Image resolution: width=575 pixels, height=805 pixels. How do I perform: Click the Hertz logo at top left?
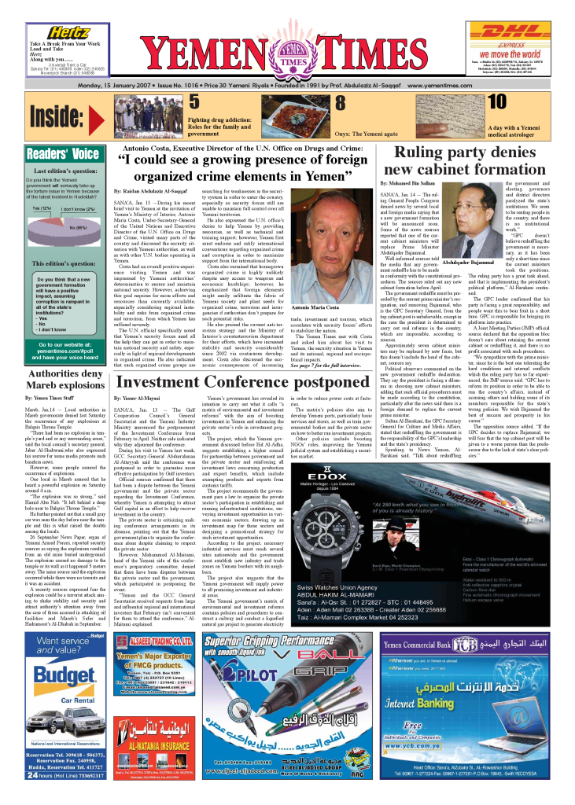68,33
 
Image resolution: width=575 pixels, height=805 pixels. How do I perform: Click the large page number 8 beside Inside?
341,102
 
